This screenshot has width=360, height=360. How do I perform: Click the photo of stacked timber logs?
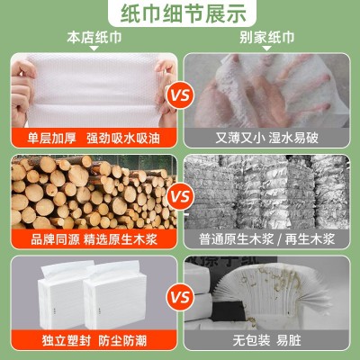coord(90,191)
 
